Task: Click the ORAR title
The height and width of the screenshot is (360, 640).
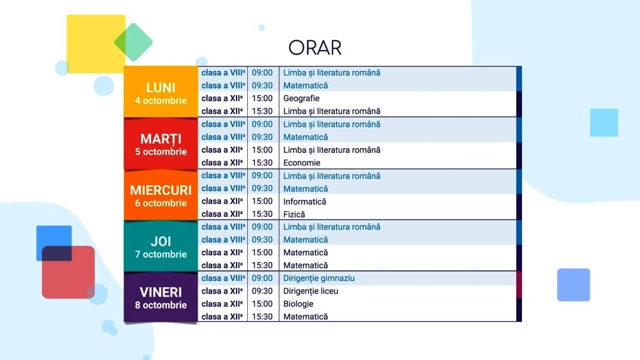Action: point(315,47)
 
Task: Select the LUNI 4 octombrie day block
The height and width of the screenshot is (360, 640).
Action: point(161,92)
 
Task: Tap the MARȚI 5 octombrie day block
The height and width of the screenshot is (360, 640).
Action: point(161,144)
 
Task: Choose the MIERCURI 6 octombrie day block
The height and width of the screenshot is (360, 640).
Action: point(161,195)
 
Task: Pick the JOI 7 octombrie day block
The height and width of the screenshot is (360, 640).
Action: point(161,246)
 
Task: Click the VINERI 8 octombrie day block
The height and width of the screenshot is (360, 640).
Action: point(161,297)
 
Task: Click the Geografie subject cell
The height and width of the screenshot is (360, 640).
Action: point(301,98)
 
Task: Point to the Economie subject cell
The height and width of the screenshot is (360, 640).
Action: point(302,163)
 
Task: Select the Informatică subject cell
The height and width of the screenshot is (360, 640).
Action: point(304,201)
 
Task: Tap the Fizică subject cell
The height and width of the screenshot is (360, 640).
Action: point(294,214)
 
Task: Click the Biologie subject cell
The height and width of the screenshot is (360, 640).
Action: point(299,304)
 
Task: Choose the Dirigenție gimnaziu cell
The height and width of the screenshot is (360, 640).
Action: point(319,278)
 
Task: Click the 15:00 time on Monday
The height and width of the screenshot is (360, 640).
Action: point(262,98)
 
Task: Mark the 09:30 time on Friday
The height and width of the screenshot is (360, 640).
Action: point(262,291)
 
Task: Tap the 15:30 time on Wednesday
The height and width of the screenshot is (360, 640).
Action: point(262,214)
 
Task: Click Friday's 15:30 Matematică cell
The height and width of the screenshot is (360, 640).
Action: point(306,317)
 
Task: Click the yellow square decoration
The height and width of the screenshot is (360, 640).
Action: point(96,44)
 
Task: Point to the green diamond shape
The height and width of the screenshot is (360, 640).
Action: point(134,42)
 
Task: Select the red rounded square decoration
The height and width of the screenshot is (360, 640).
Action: point(68,272)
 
